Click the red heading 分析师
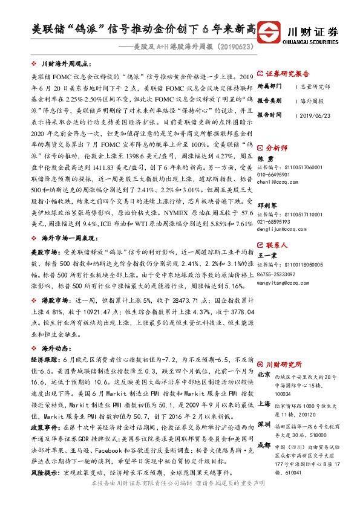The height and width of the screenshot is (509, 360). (x=277, y=146)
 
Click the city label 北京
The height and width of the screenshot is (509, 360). (x=264, y=375)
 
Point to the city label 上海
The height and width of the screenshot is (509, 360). (x=264, y=403)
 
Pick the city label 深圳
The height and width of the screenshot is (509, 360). (x=264, y=423)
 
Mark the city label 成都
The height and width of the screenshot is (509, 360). (x=264, y=444)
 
